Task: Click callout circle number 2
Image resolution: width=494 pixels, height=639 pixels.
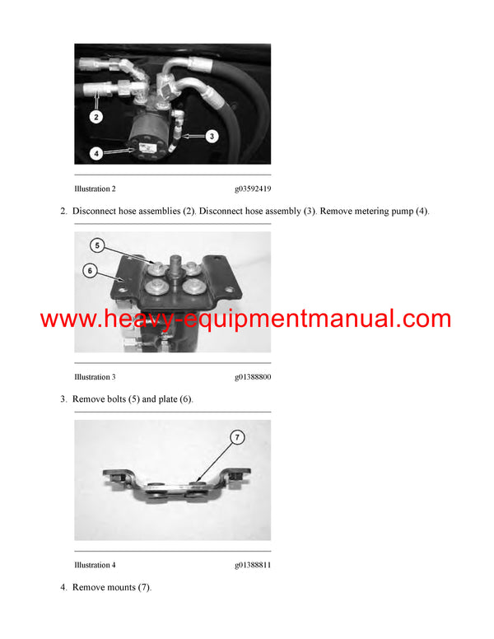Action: click(x=96, y=117)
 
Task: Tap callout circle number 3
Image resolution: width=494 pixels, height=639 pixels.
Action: click(x=211, y=136)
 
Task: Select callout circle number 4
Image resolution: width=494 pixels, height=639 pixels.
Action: click(x=96, y=152)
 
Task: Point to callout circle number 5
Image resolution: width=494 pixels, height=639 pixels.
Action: click(x=97, y=245)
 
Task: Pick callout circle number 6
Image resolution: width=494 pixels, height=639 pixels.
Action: click(x=89, y=270)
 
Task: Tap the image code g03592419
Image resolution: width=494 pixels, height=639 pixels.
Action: click(x=252, y=189)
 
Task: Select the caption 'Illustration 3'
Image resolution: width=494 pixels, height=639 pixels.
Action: click(x=95, y=377)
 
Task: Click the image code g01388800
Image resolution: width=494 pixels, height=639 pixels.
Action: click(x=252, y=377)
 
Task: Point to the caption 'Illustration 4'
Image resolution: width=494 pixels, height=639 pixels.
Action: click(x=95, y=565)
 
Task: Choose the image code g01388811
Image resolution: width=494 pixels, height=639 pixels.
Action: click(x=252, y=565)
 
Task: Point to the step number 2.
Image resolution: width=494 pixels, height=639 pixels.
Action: click(x=63, y=212)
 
